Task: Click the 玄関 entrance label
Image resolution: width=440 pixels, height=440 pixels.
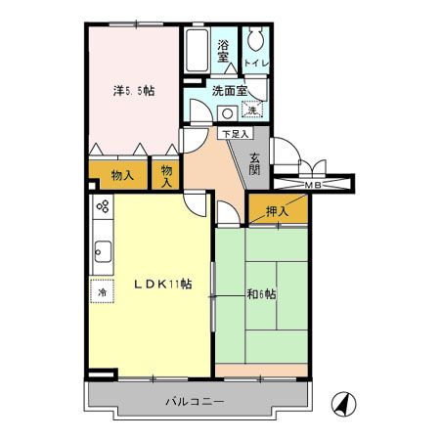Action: click(x=254, y=161)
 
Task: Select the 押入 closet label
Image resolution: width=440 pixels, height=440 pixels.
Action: click(x=278, y=209)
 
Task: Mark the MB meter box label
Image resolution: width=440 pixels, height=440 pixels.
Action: click(x=314, y=184)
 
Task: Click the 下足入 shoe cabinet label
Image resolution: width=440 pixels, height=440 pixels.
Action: click(x=234, y=133)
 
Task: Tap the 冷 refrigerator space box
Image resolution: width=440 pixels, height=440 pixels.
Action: click(x=102, y=291)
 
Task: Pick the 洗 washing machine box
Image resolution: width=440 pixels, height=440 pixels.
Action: click(x=254, y=110)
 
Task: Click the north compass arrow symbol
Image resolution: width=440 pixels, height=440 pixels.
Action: click(x=342, y=402)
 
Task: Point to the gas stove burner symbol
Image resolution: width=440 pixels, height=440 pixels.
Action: click(x=101, y=207)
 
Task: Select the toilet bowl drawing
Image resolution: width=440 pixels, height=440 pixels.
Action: click(x=256, y=42)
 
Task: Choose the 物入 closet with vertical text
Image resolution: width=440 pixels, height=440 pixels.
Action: click(x=167, y=176)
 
